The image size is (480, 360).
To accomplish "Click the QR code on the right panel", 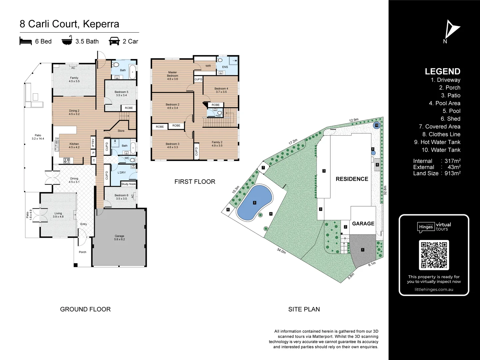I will point(434,255).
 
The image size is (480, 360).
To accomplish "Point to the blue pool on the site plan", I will point(254,203).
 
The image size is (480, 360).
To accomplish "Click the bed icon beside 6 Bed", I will point(26,41).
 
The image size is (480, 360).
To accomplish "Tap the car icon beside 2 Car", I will point(114,41).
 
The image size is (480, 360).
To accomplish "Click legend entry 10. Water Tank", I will point(441,150).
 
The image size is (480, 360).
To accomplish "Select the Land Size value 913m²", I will point(452,173).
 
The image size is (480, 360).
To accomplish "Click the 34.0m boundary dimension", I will point(281,251).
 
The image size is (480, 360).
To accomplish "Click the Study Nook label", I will point(128,184).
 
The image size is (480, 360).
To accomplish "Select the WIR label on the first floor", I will point(208,66).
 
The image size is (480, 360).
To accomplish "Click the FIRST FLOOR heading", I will point(195,182).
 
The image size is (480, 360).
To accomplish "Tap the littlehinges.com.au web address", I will point(434,289).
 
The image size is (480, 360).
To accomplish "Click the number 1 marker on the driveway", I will point(363,250).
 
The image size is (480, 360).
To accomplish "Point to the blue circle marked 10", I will point(376,126).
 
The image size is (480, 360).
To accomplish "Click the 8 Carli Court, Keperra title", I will point(69,24).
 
